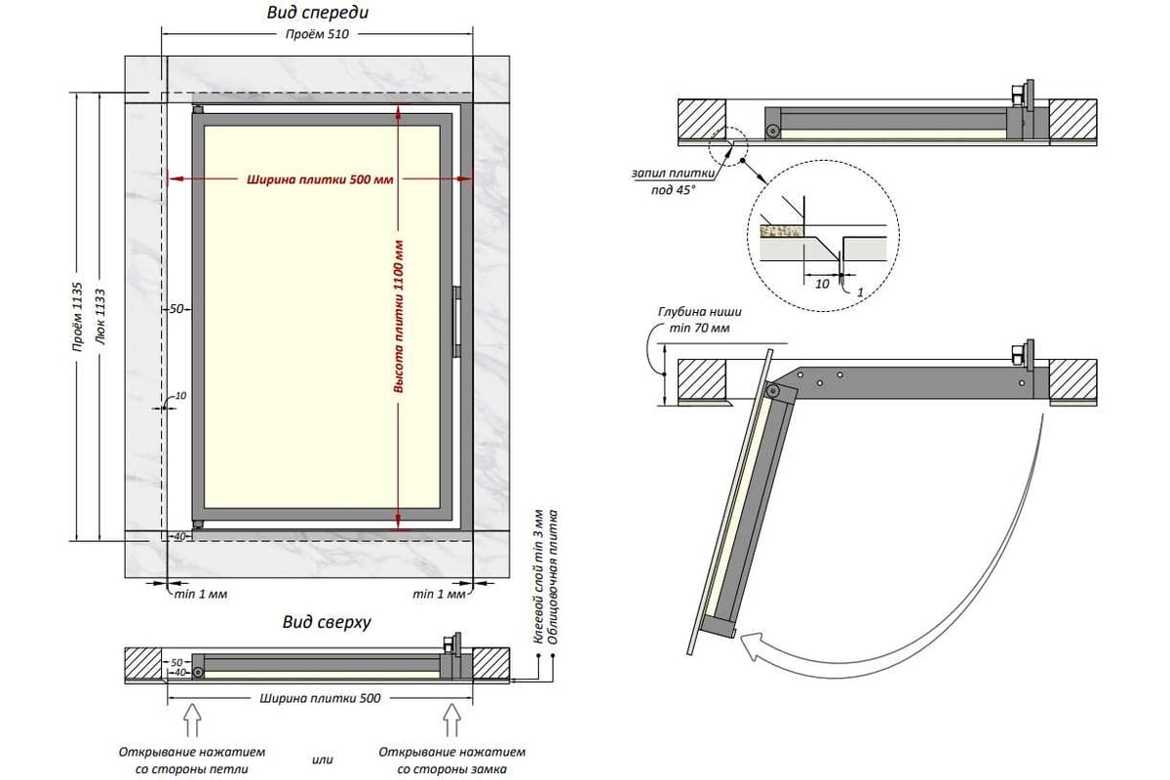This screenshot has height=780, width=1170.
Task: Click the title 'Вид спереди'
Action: [x=318, y=13]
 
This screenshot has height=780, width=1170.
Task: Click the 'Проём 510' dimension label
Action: [x=317, y=34]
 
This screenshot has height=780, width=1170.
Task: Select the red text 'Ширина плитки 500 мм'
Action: [x=320, y=179]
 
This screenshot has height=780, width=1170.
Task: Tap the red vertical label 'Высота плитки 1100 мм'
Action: [x=399, y=316]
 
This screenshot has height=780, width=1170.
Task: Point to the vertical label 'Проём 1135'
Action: [x=77, y=317]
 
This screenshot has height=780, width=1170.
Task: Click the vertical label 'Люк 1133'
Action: [x=99, y=317]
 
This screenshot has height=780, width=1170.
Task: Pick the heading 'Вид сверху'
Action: [x=327, y=622]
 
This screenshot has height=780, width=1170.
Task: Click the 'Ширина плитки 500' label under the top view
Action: [x=320, y=698]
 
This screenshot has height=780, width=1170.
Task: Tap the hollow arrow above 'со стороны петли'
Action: [x=193, y=720]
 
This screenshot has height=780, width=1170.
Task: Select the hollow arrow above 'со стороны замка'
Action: [x=451, y=720]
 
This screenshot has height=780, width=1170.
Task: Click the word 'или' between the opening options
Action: [x=323, y=760]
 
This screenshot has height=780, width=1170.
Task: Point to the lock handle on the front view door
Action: [x=456, y=322]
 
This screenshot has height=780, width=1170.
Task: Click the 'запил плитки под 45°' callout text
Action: [x=674, y=181]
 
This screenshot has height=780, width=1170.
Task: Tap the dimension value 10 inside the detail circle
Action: [x=822, y=284]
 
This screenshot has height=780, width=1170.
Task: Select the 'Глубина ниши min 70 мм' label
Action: [x=700, y=320]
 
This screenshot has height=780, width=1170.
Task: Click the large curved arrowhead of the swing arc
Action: [x=754, y=652]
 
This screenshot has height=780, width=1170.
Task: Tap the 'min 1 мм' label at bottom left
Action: [x=201, y=595]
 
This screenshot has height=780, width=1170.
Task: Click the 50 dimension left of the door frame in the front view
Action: [x=176, y=309]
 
